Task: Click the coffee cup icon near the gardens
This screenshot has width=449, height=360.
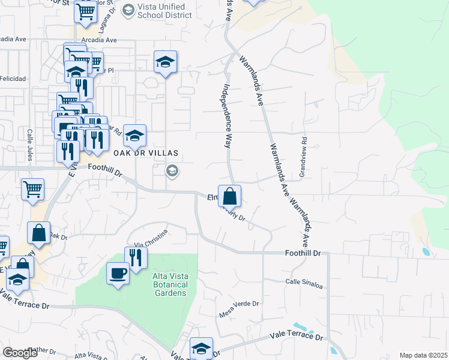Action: (117, 274)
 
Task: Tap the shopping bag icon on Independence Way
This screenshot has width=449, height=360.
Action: (230, 195)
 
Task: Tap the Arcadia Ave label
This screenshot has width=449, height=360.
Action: (100, 40)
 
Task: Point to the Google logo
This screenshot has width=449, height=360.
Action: (20, 353)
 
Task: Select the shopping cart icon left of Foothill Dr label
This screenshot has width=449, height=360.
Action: (33, 188)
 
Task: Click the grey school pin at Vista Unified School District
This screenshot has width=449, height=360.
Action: (128, 10)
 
